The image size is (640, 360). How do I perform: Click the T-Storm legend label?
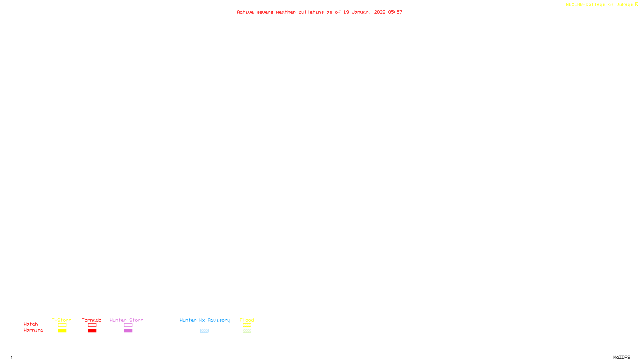click(x=62, y=320)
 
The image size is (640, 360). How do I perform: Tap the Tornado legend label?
click(x=92, y=320)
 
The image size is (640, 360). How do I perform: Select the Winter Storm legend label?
click(x=126, y=320)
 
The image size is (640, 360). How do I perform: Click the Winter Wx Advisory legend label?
click(x=205, y=320)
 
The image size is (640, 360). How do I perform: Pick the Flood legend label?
click(x=247, y=320)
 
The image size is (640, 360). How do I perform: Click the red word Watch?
click(x=31, y=324)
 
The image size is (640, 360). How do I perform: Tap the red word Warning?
click(x=33, y=330)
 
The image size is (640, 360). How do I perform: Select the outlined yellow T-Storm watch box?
click(x=62, y=325)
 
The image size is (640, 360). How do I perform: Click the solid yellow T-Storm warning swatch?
click(x=62, y=331)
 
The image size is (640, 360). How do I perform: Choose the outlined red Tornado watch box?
click(x=92, y=325)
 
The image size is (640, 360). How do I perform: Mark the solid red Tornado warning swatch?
click(x=92, y=331)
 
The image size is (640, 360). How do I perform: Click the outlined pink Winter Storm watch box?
click(x=128, y=325)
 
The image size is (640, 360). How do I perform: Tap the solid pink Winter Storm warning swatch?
click(x=128, y=331)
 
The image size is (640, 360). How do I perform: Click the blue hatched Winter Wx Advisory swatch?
click(x=204, y=331)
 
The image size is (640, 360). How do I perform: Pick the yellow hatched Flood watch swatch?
click(x=247, y=325)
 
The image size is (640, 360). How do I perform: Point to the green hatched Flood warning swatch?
click(x=247, y=331)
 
